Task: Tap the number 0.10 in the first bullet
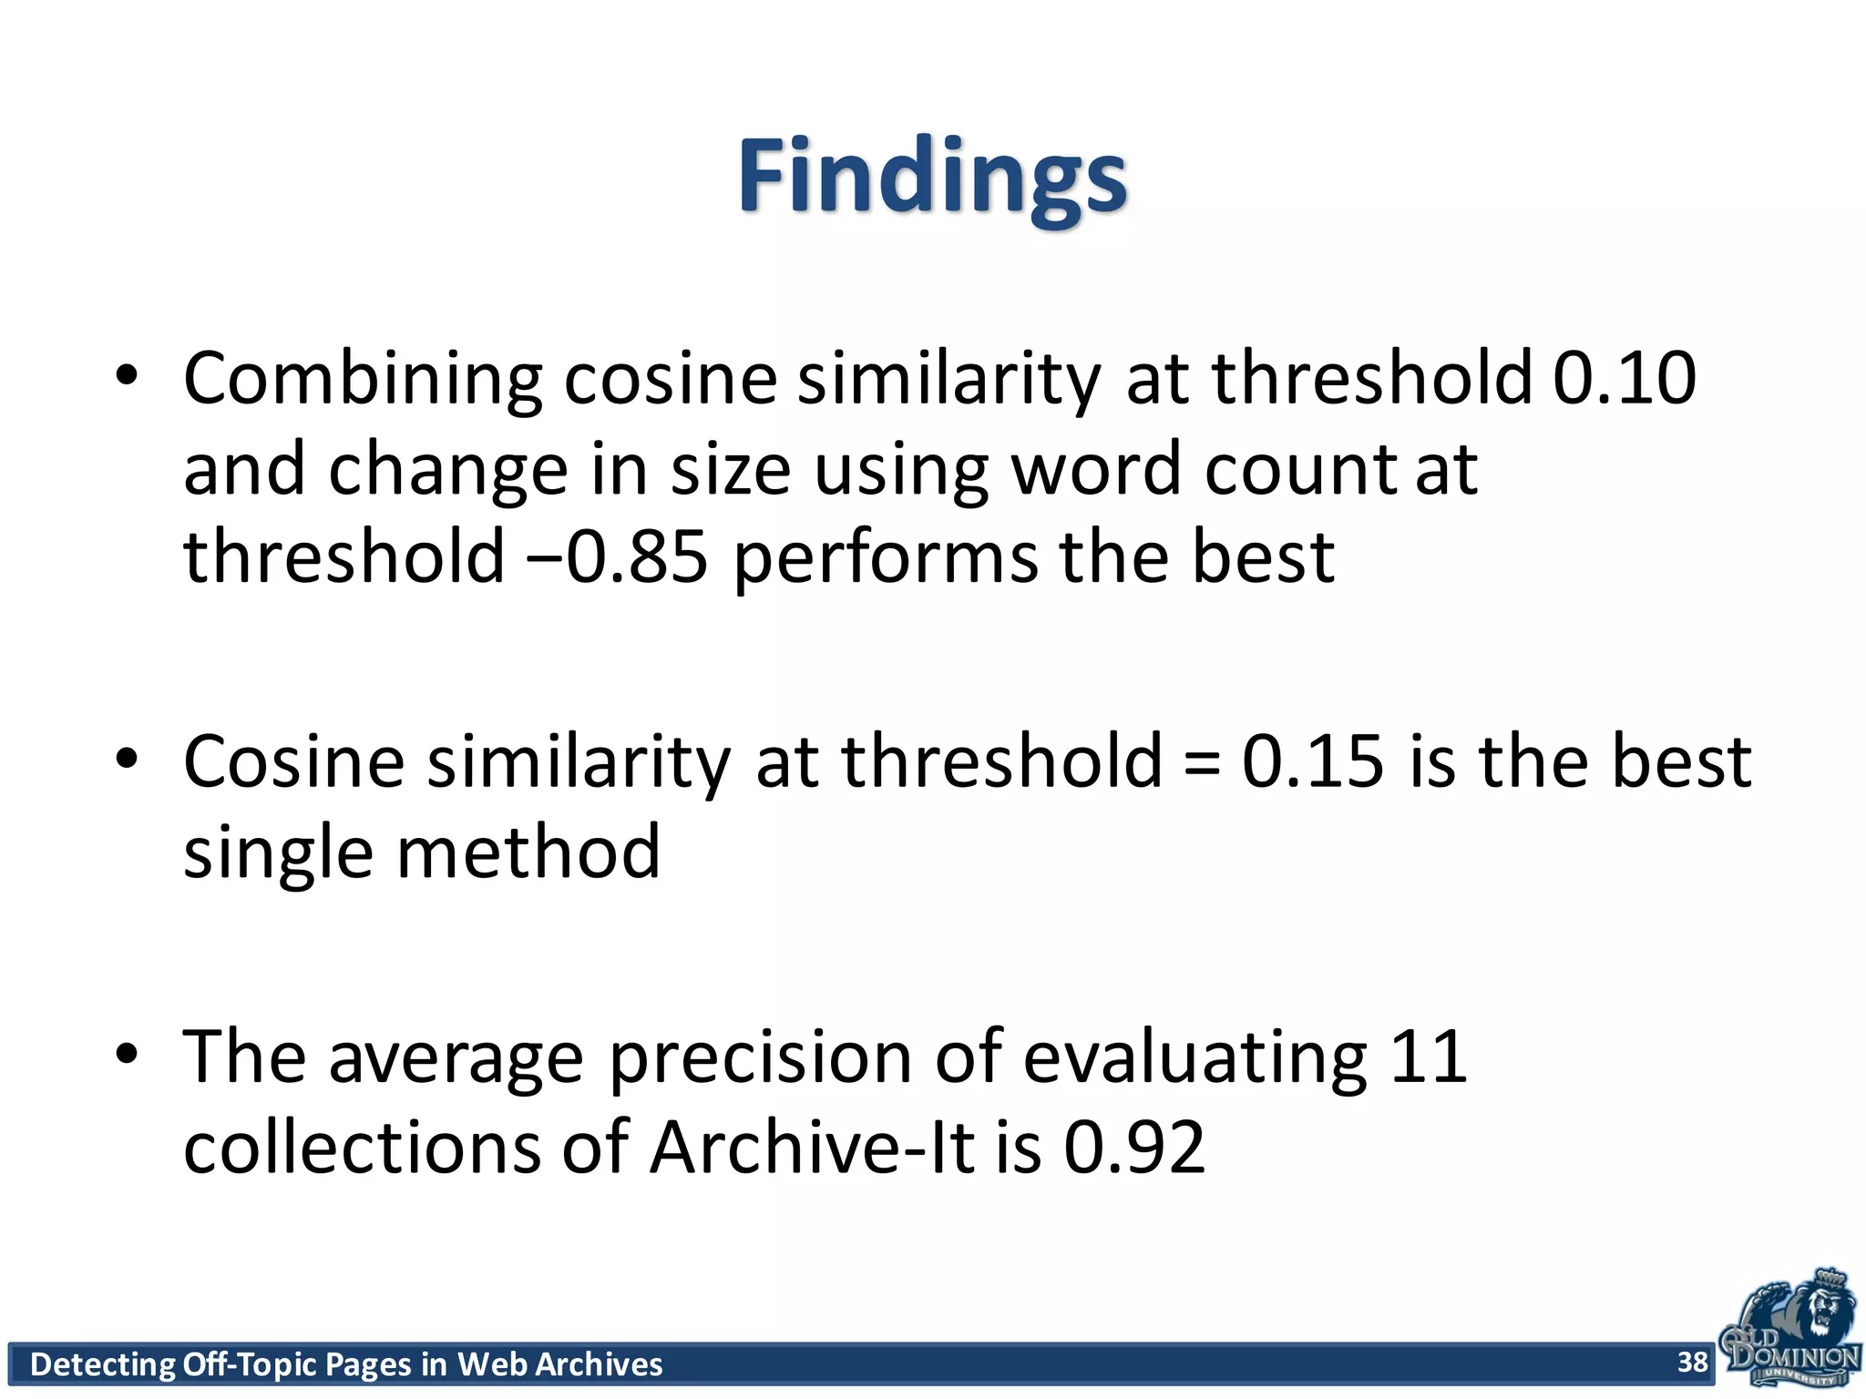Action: click(x=1624, y=378)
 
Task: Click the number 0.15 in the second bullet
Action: click(x=1312, y=761)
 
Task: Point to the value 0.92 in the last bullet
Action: click(x=1134, y=1148)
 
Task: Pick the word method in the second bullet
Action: click(x=528, y=853)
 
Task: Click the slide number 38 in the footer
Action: click(x=1692, y=1362)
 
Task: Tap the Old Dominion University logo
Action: click(x=1789, y=1330)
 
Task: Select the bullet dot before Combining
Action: click(x=127, y=375)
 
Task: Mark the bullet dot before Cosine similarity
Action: click(x=127, y=758)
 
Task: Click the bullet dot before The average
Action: click(x=127, y=1053)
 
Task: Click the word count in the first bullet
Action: click(x=1300, y=470)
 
